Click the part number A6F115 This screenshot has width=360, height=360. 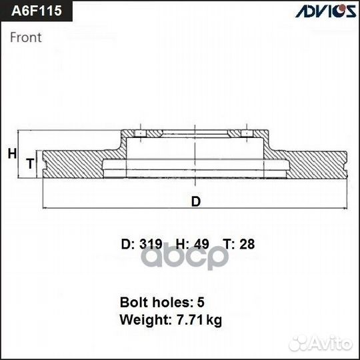[37, 11]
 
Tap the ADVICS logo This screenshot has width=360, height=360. [326, 11]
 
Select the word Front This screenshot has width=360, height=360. [26, 37]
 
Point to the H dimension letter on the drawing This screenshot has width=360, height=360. [12, 153]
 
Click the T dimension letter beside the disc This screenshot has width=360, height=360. [30, 163]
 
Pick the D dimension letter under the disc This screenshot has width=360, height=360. [196, 201]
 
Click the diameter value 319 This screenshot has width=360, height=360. [151, 244]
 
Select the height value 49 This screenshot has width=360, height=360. [201, 244]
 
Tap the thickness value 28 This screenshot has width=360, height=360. [247, 244]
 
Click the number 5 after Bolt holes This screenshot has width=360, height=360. [201, 303]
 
